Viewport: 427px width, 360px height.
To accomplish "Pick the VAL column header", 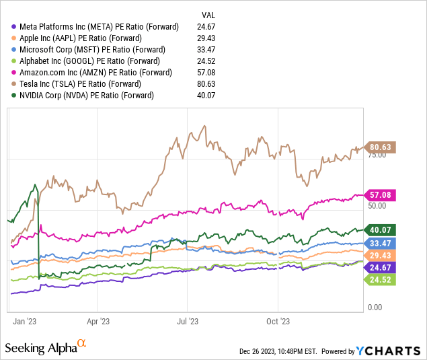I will (209, 15).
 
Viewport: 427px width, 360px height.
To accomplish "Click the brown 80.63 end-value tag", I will (382, 147).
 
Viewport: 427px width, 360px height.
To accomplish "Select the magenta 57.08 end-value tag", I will (382, 195).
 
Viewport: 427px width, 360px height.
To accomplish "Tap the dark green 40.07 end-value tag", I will (382, 230).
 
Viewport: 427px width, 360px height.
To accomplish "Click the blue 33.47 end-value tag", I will (382, 243).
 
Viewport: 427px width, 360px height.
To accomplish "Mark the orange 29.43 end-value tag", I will (382, 255).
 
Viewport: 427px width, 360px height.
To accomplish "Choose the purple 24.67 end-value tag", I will (382, 267).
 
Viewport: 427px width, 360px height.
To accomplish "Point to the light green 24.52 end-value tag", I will (382, 279).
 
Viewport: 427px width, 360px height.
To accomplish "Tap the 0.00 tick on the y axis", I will (375, 308).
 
